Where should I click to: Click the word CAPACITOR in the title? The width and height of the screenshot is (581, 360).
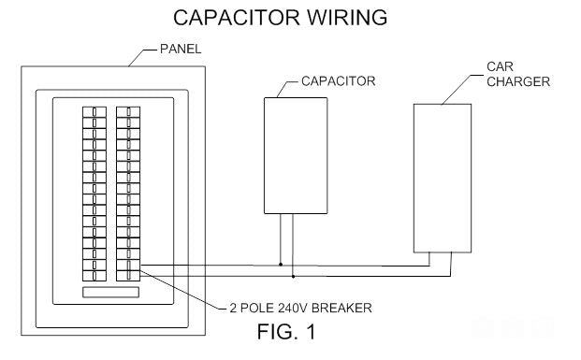point(236,18)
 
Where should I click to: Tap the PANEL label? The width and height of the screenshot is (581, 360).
point(181,49)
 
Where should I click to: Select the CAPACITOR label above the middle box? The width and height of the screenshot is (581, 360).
point(339,81)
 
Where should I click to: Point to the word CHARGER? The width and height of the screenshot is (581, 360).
point(518,81)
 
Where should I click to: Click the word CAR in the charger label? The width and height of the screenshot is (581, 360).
point(500,66)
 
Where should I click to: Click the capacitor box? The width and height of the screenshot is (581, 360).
point(296,155)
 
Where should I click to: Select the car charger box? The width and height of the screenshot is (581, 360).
point(443,179)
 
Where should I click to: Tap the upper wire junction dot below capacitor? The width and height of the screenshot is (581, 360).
point(281,265)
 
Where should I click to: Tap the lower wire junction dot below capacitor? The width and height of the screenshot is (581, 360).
point(293,276)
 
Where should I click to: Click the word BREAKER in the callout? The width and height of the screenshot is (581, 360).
point(341,308)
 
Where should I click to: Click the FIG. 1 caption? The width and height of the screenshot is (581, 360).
point(286,332)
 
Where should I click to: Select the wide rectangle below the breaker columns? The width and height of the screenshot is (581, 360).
point(110,293)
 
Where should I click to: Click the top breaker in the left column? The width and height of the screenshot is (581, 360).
point(94,112)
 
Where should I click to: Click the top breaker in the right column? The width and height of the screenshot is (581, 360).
point(128,112)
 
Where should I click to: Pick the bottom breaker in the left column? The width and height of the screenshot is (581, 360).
point(94,276)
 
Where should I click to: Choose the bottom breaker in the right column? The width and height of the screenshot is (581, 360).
point(128,276)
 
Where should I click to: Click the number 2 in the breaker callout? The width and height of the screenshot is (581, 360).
point(233,308)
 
